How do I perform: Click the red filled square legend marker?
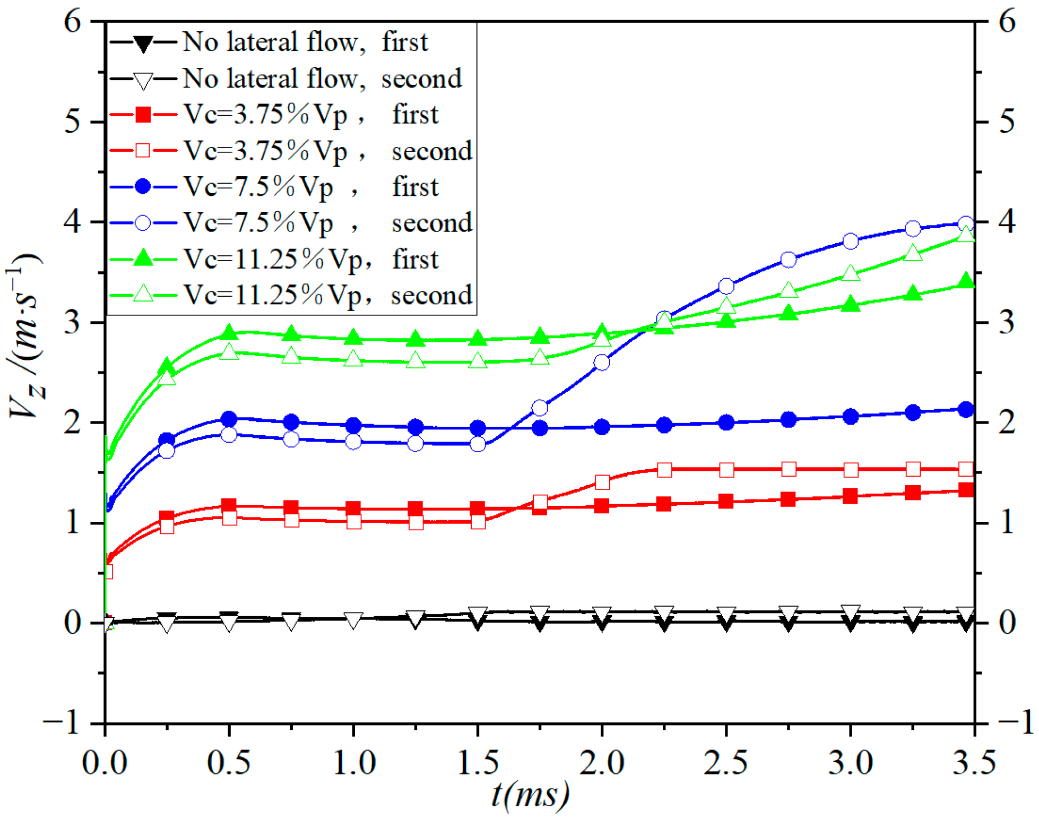[143, 115]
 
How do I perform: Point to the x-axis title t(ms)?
[530, 795]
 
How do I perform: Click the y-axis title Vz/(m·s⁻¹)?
[25, 337]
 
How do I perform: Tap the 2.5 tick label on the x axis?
[725, 762]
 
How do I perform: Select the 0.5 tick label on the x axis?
[229, 762]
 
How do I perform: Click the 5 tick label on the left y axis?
[73, 122]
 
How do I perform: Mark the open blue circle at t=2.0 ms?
[602, 363]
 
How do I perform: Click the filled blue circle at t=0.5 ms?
[229, 419]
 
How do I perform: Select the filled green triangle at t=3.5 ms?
[966, 281]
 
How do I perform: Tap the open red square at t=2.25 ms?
[664, 470]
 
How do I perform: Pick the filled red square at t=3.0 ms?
[850, 496]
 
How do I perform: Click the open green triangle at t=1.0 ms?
[353, 359]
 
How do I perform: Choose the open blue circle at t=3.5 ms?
[966, 223]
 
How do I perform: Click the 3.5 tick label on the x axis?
[974, 762]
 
